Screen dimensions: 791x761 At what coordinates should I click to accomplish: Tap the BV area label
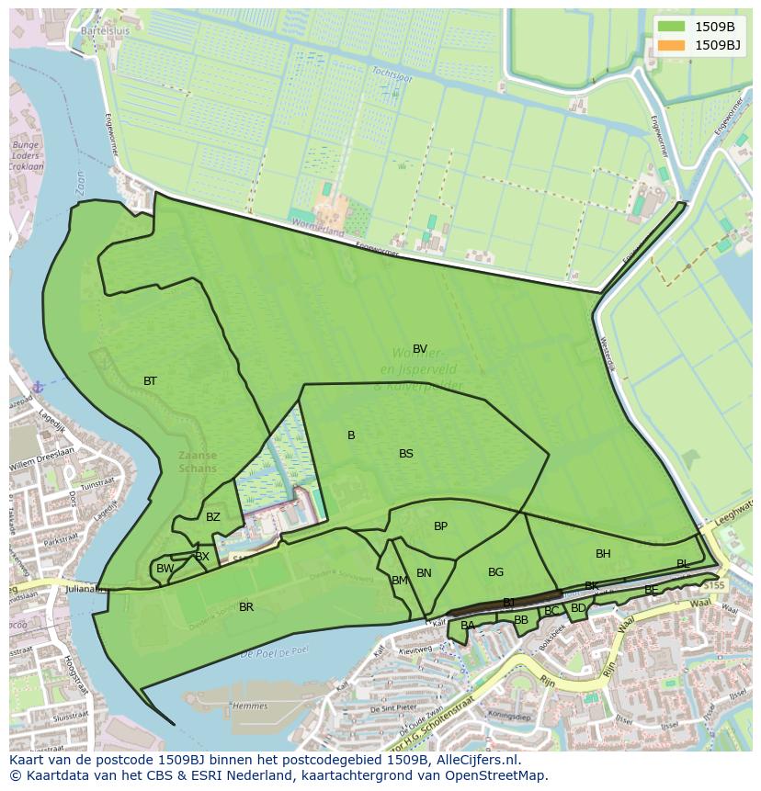coord(420,349)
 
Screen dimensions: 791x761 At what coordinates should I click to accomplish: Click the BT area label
coord(150,381)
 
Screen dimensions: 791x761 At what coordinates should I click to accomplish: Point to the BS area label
coord(406,454)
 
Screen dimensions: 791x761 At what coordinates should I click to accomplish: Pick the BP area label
coord(440,526)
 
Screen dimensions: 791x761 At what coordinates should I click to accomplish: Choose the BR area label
coord(246,607)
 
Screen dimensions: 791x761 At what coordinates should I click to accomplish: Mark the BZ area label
coord(213,517)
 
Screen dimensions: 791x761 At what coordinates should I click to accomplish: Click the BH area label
coord(603,554)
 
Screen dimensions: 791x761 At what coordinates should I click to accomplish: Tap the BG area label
coord(495,572)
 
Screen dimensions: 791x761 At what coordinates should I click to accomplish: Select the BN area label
coord(424,573)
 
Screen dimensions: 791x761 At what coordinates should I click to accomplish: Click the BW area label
coord(165,570)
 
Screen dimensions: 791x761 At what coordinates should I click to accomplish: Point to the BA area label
coord(468,626)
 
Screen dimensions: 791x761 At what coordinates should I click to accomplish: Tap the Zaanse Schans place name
coord(199,461)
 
